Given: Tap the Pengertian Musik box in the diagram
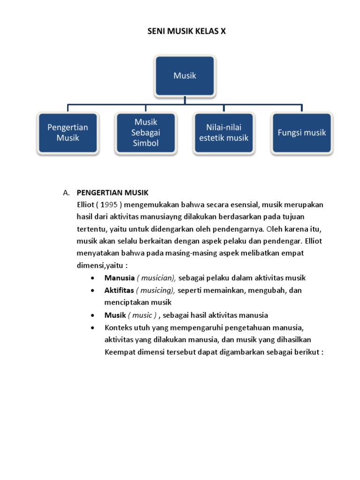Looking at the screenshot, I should pyautogui.click(x=68, y=133).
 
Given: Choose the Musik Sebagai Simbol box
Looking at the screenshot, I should pyautogui.click(x=146, y=133).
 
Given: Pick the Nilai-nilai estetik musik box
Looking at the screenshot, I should pyautogui.click(x=224, y=133).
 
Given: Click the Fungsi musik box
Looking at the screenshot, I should pyautogui.click(x=302, y=133).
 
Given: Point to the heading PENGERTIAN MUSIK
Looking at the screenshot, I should pyautogui.click(x=112, y=193).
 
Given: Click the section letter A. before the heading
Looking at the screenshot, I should pyautogui.click(x=66, y=193).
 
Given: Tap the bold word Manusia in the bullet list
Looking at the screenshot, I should pyautogui.click(x=119, y=278).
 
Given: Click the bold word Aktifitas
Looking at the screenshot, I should pyautogui.click(x=119, y=290).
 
